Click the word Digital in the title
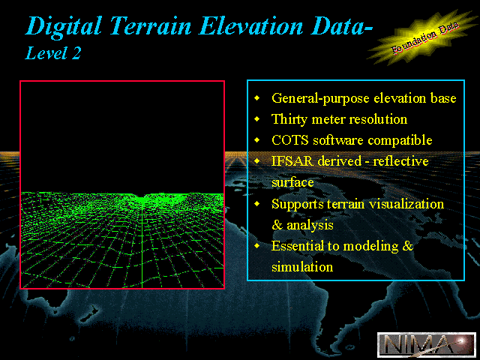click(x=64, y=27)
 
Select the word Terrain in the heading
click(x=151, y=25)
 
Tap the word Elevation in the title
click(x=251, y=25)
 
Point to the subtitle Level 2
click(x=53, y=53)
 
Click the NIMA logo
click(x=427, y=344)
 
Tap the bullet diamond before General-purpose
click(x=257, y=97)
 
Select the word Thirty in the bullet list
click(x=289, y=119)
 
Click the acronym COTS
click(x=290, y=140)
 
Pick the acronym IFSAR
click(x=292, y=161)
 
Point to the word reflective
click(x=400, y=161)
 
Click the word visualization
click(x=406, y=204)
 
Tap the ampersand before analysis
click(x=277, y=225)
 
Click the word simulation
click(x=302, y=267)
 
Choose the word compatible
click(x=400, y=140)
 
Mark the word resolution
click(x=378, y=119)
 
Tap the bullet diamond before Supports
click(x=257, y=203)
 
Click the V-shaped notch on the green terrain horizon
click(x=141, y=196)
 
